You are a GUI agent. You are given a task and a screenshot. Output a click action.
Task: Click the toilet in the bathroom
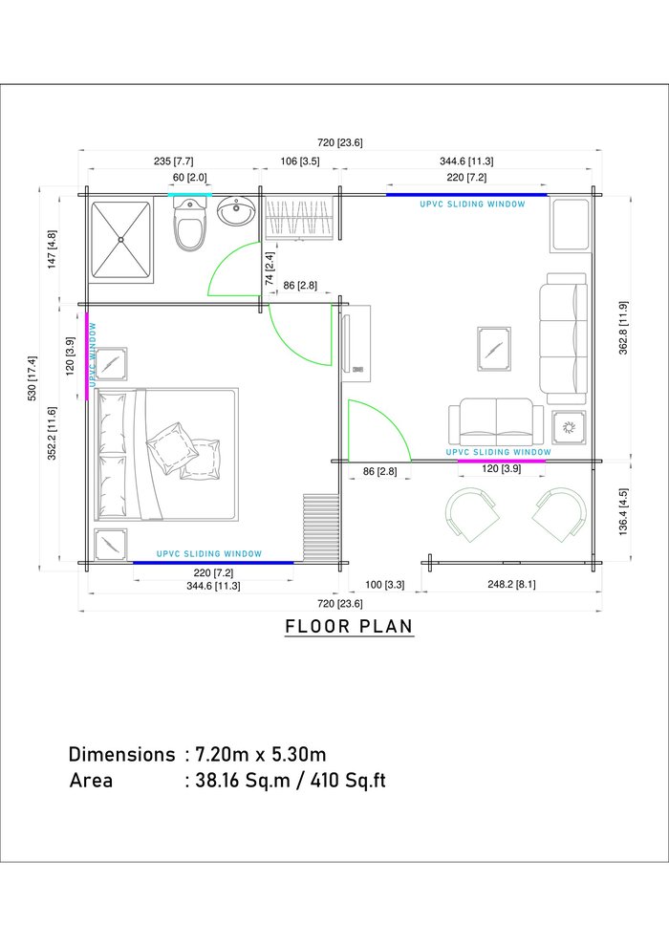(x=190, y=225)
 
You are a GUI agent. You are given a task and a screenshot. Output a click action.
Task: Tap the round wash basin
(x=236, y=211)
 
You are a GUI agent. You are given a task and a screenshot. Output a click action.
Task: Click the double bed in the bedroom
(x=166, y=454)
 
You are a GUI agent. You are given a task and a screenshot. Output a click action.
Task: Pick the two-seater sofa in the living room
(x=496, y=421)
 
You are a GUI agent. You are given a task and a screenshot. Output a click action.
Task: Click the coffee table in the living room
(x=494, y=350)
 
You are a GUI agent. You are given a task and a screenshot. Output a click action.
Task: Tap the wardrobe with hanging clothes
(x=299, y=219)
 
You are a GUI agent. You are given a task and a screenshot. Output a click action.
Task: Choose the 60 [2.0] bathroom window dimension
(x=189, y=178)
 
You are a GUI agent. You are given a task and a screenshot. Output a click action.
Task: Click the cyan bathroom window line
(x=189, y=195)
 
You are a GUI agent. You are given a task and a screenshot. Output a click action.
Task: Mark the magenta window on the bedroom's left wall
(x=87, y=356)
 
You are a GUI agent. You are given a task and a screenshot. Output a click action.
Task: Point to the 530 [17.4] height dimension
(x=32, y=378)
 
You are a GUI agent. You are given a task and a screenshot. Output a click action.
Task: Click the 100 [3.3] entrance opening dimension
(x=385, y=585)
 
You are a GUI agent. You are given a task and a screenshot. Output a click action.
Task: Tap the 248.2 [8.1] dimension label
(x=511, y=584)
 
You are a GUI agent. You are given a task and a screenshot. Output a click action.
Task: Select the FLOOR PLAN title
(x=349, y=626)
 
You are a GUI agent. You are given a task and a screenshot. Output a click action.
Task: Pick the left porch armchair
(x=472, y=513)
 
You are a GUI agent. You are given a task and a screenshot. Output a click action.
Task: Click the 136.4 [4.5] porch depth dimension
(x=623, y=511)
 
